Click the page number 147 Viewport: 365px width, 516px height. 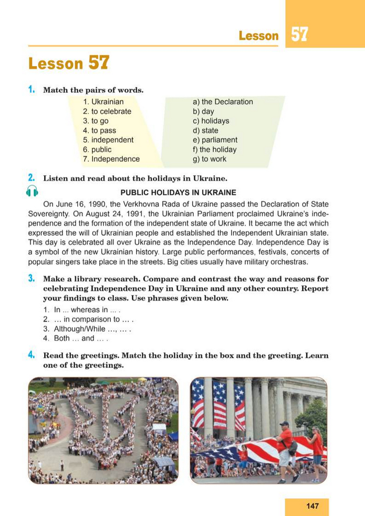pos(312,506)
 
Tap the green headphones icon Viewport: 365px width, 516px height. pos(32,192)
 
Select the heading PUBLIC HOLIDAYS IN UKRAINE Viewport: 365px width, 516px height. pos(179,193)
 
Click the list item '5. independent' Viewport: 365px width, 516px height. pos(108,140)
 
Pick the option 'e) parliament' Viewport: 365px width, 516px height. pos(215,140)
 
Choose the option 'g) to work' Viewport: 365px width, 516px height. pos(210,159)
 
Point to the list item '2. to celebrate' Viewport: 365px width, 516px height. pos(107,112)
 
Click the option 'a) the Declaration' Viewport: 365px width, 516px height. pos(223,102)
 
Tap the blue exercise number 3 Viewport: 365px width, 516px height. pos(32,278)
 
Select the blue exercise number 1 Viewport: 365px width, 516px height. pos(32,90)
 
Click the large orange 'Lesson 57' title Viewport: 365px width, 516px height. pos(69,64)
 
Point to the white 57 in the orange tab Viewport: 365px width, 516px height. pos(299,35)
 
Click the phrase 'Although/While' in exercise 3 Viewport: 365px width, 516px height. pos(79,329)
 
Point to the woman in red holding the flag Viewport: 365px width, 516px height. pos(316,446)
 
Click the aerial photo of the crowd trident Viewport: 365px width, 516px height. pos(103,430)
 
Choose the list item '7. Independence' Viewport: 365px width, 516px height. pos(111,159)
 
